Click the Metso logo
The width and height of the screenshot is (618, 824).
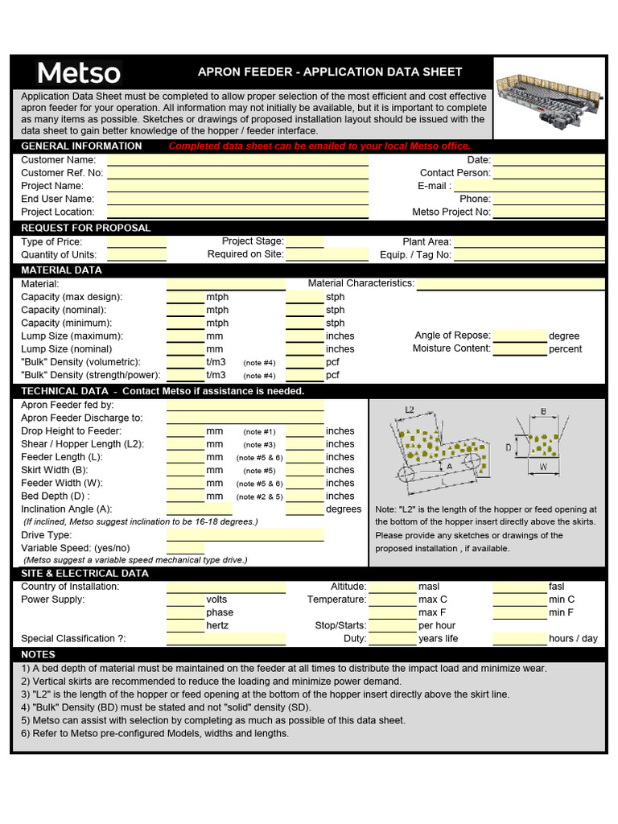(x=79, y=73)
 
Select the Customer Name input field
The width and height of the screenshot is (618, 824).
(x=237, y=159)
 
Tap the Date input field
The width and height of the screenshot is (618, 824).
(x=549, y=159)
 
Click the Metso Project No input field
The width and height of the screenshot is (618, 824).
(x=549, y=212)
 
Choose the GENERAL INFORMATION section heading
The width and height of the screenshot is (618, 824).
(x=81, y=146)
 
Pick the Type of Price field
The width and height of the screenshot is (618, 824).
(x=137, y=241)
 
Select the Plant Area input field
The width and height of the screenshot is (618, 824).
(x=529, y=241)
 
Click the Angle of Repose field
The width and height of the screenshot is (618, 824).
(x=519, y=336)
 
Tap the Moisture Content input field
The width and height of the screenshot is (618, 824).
(x=519, y=348)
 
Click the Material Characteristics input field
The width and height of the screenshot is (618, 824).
(x=510, y=283)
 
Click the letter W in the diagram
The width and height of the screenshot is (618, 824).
(x=543, y=466)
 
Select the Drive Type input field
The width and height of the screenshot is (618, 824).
(x=245, y=535)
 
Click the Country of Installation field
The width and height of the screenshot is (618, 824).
(x=226, y=587)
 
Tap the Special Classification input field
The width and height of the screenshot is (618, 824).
(x=226, y=638)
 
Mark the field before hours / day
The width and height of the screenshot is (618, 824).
(x=519, y=638)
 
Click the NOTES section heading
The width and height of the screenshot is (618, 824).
(x=39, y=654)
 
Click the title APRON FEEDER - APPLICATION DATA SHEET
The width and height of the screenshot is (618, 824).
(x=330, y=72)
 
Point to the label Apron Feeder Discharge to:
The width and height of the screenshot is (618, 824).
(x=81, y=418)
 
